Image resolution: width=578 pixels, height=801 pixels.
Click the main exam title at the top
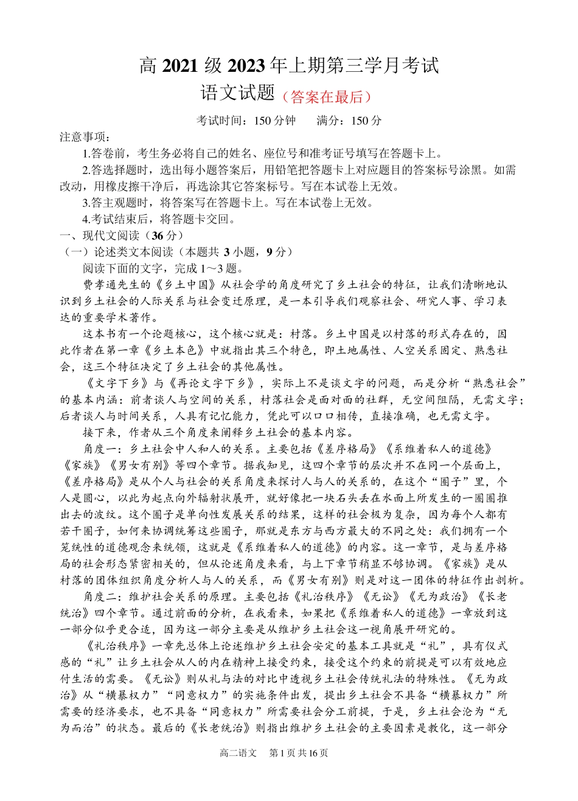(x=289, y=65)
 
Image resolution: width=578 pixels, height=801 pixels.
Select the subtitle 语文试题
(x=238, y=94)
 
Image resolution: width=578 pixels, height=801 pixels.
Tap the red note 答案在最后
(x=327, y=96)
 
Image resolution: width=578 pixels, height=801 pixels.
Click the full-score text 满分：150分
(x=349, y=121)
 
